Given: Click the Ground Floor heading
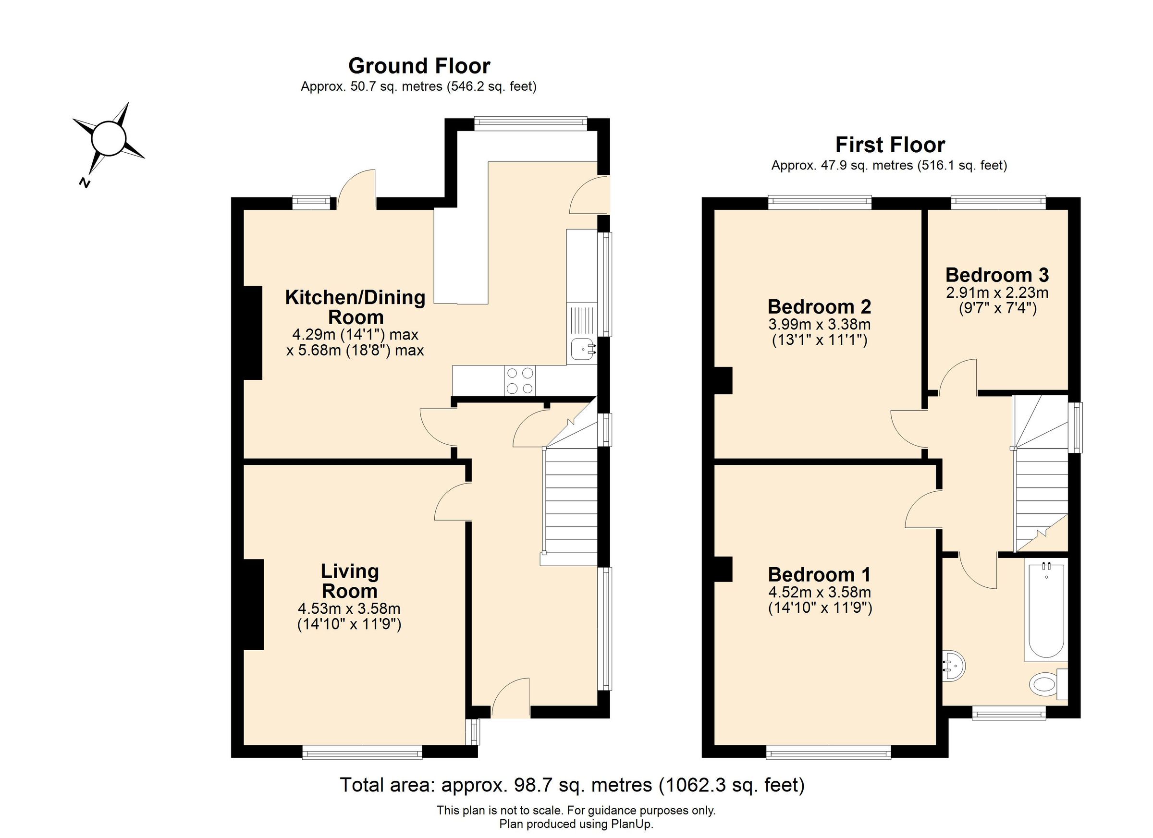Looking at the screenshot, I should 419,66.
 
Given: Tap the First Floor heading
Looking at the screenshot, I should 890,146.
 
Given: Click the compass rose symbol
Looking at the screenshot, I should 108,138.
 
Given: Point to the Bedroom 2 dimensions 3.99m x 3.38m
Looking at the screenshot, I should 820,324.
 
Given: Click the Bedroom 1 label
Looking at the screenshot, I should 819,575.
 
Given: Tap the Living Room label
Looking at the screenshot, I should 349,581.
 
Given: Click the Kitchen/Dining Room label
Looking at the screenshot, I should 355,307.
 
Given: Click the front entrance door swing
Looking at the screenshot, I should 510,698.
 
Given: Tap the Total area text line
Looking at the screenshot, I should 572,785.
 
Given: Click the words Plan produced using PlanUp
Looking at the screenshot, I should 576,824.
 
